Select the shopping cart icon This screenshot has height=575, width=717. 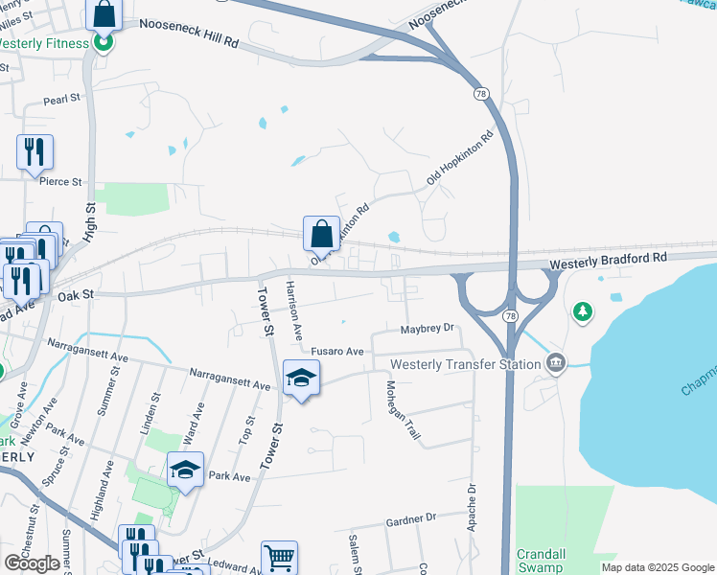tap(279, 558)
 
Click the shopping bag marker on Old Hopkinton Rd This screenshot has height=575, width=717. tap(321, 234)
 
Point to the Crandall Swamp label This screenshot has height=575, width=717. tap(544, 561)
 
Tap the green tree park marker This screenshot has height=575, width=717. tap(582, 311)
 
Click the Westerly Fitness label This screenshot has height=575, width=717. tap(44, 43)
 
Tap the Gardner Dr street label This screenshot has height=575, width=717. tap(410, 518)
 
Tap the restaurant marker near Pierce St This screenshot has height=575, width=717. tap(35, 152)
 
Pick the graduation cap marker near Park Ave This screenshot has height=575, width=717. tap(185, 470)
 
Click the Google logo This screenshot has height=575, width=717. tap(32, 563)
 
